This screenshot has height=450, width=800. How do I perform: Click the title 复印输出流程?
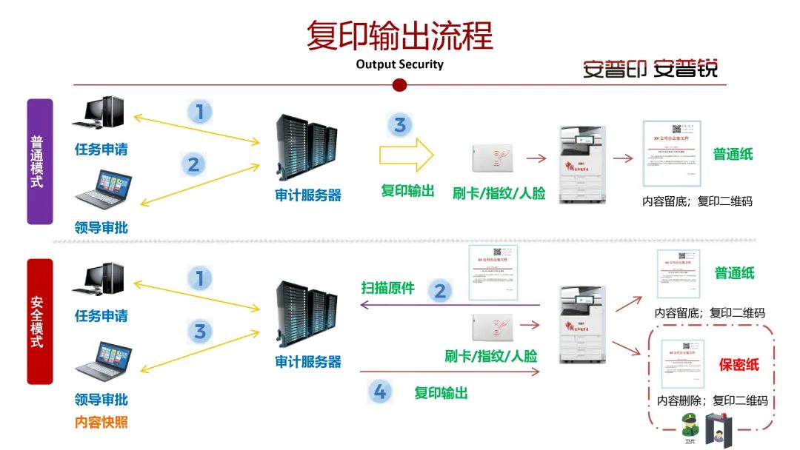pos(399,36)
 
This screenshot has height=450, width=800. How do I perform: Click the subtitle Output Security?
pos(399,64)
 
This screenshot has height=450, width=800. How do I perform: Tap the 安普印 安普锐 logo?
pos(650,68)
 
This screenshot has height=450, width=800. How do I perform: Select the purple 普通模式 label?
pos(40,161)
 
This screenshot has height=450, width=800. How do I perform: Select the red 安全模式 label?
pos(40,322)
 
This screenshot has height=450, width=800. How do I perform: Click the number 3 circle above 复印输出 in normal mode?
pos(400,124)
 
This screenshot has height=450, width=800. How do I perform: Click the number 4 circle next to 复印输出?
pos(380,392)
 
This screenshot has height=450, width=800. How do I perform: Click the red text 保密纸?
pos(739,365)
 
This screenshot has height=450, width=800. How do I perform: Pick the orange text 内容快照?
pos(101,423)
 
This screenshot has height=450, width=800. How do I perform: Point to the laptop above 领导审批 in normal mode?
pos(104,189)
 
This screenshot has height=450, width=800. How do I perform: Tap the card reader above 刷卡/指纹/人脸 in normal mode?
pos(491,158)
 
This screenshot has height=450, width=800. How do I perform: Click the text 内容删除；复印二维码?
pos(712,401)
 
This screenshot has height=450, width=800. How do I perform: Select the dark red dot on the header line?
pos(399,84)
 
